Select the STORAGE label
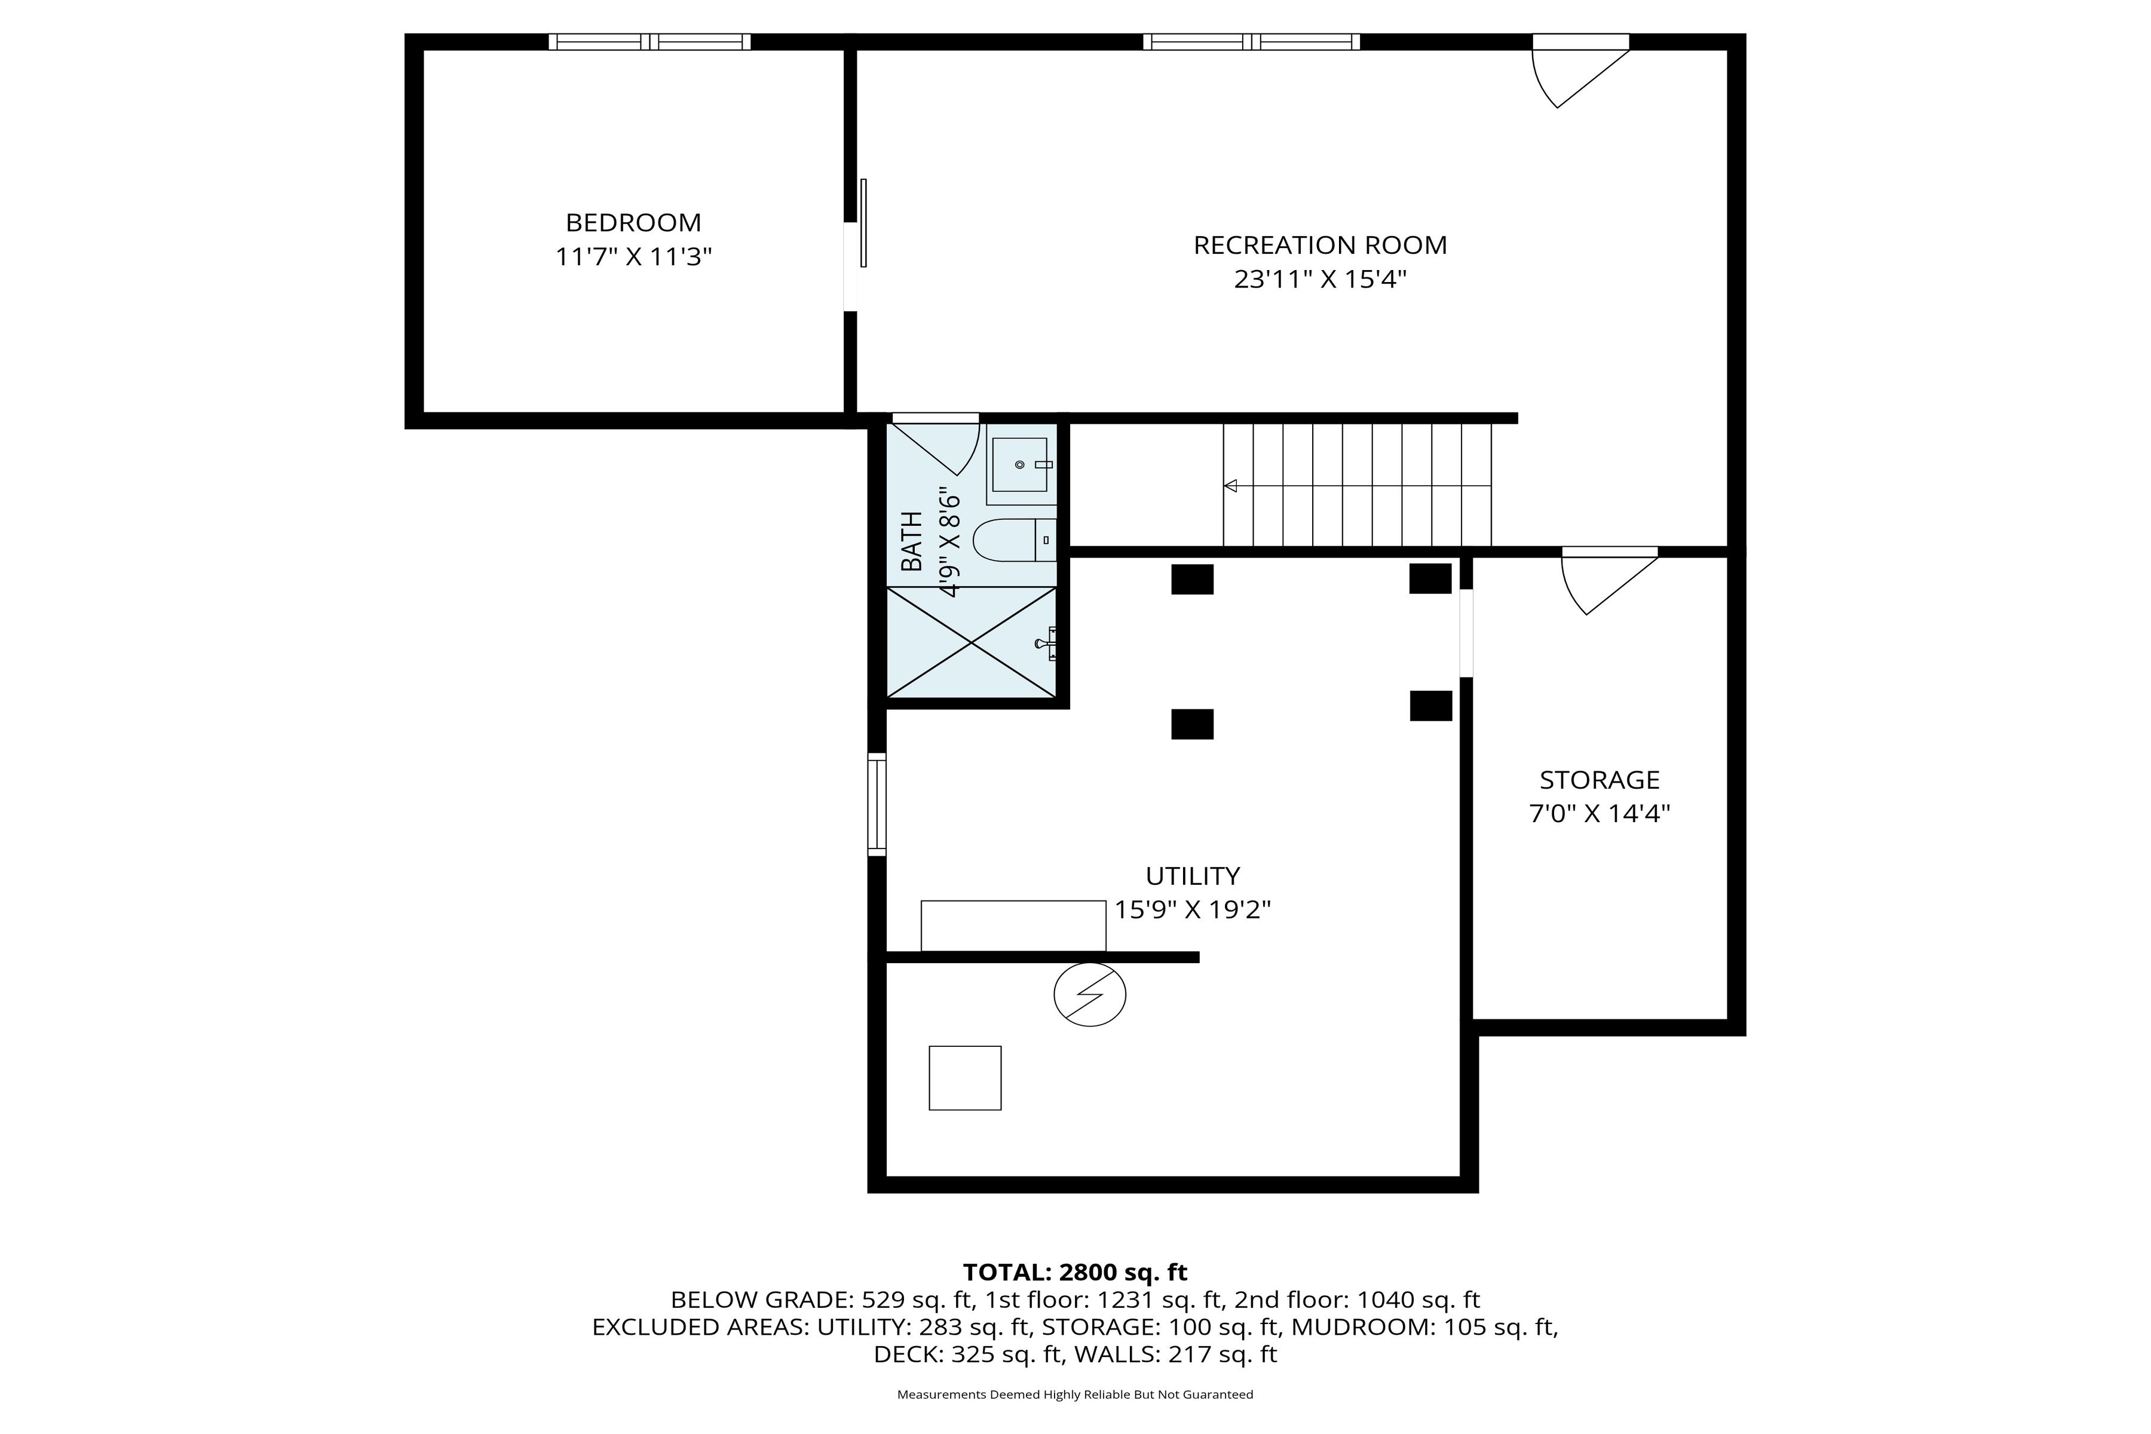[x=1599, y=780]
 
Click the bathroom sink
[x=1020, y=465]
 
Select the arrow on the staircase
[x=1231, y=486]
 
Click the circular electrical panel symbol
[x=1089, y=994]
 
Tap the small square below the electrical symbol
[x=965, y=1078]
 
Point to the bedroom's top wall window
[x=649, y=41]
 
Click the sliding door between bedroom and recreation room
[x=862, y=223]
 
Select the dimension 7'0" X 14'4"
[x=1599, y=814]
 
